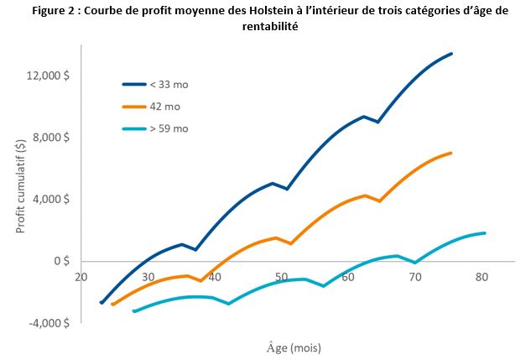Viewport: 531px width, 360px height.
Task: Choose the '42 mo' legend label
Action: [164, 107]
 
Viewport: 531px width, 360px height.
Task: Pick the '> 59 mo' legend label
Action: [169, 128]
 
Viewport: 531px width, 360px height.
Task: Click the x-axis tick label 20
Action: [81, 276]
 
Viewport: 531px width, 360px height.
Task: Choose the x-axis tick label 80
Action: [482, 276]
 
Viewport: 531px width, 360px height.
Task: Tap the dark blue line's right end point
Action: [451, 54]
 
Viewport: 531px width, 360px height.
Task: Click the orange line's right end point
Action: [451, 153]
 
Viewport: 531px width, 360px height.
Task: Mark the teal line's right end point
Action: [485, 232]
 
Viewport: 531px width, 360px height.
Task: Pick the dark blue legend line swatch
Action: [133, 84]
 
